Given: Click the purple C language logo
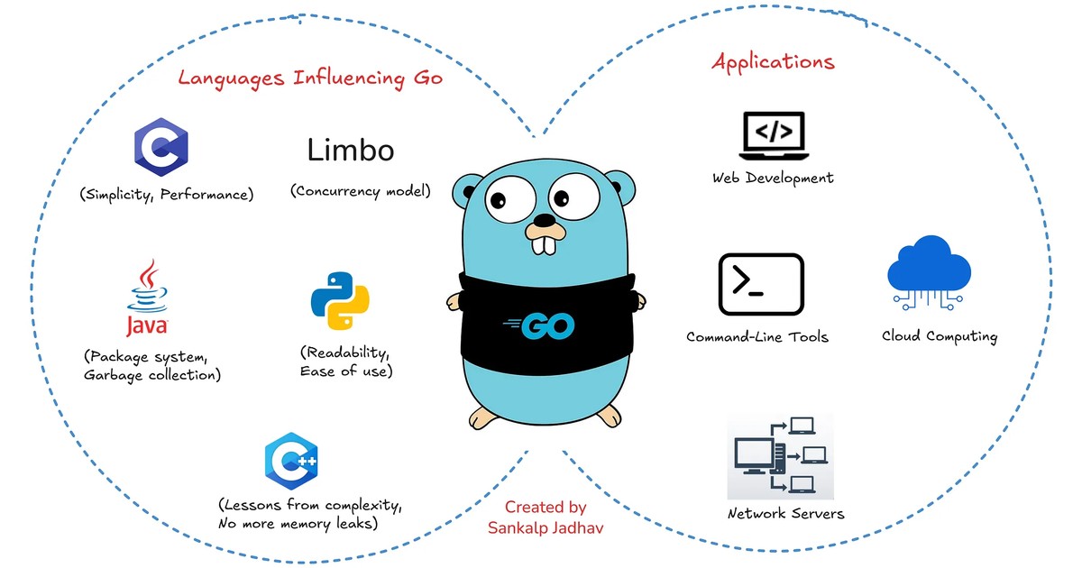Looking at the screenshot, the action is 160,147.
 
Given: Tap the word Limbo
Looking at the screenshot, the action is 351,150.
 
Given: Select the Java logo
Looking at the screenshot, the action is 148,298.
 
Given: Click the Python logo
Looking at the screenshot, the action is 340,300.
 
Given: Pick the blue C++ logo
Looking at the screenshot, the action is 291,462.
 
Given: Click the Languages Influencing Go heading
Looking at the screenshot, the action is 310,78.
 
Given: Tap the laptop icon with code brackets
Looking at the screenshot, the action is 774,136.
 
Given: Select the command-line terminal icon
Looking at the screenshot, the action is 761,285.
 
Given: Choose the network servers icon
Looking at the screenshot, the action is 781,456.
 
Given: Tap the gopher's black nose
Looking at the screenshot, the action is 545,220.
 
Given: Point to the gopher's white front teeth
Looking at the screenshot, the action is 545,245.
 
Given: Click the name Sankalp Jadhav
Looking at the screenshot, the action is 546,528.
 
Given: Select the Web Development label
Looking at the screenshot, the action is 773,179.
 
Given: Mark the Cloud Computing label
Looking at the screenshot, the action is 940,336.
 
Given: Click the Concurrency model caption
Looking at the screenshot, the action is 361,191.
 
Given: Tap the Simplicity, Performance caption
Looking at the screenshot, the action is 167,195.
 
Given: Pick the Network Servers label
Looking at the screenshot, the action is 786,513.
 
